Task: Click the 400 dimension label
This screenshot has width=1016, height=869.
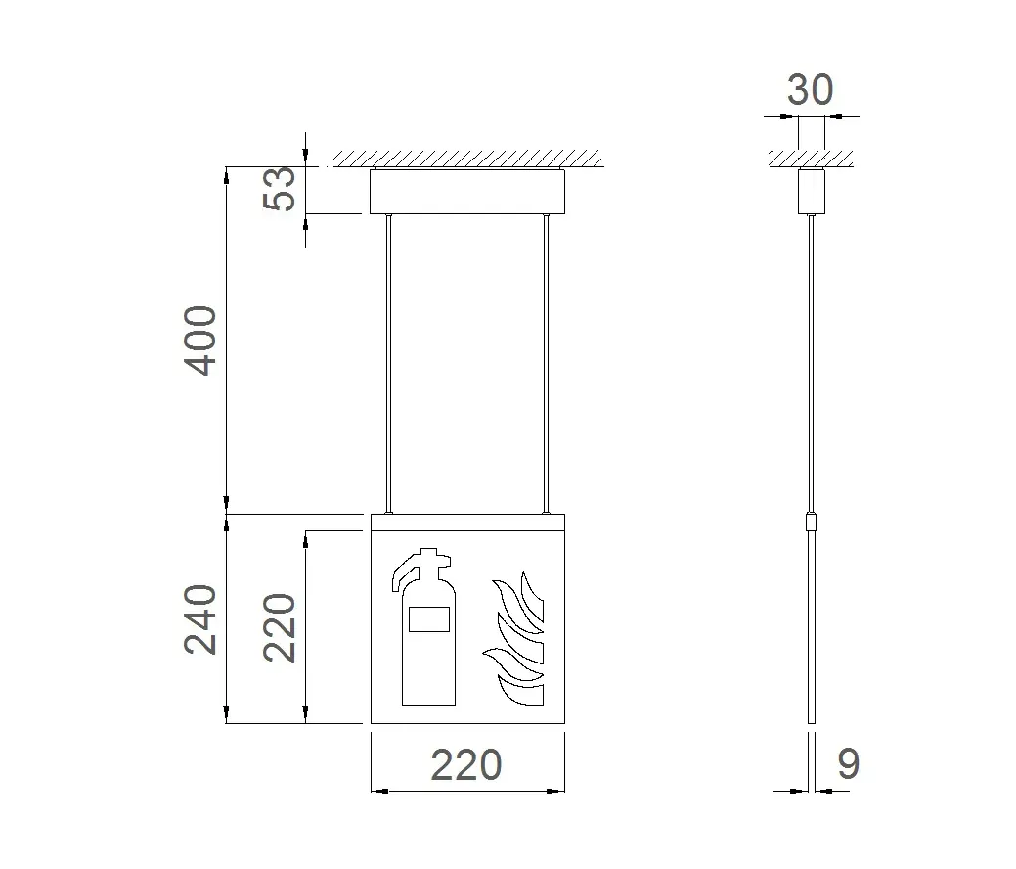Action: click(200, 342)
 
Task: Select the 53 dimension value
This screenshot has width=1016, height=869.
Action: click(280, 189)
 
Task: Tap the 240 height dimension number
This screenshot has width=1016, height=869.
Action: click(200, 619)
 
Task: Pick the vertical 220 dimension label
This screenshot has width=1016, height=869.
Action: click(280, 627)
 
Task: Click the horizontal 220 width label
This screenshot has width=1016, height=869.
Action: click(466, 765)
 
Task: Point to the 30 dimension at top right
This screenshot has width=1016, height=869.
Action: click(810, 90)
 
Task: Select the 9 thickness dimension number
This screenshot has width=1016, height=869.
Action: click(849, 764)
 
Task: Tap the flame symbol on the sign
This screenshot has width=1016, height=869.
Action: click(513, 637)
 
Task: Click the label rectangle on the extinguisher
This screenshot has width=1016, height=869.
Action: click(429, 618)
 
